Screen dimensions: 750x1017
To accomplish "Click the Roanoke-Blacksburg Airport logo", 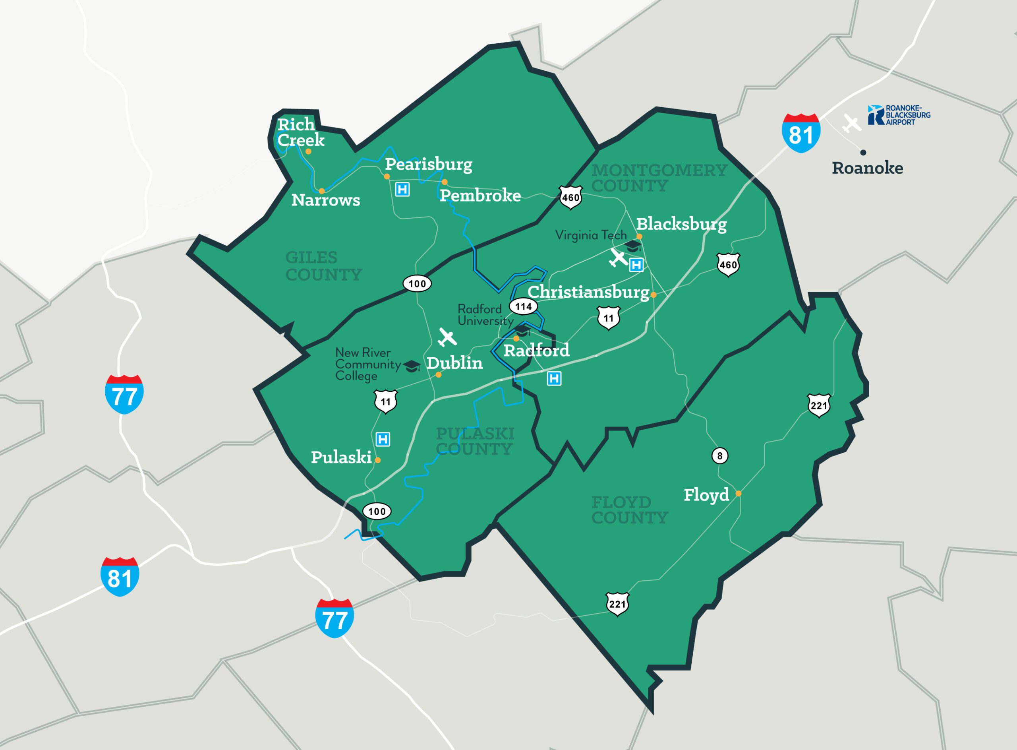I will click(x=899, y=115).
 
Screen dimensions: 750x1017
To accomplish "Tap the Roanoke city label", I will click(x=867, y=168).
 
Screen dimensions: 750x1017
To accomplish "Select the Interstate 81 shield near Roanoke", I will click(x=801, y=133).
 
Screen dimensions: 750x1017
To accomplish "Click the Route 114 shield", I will click(x=523, y=306).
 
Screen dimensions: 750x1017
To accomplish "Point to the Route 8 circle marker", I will click(x=720, y=456).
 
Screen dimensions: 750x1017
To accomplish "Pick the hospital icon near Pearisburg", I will click(x=402, y=189).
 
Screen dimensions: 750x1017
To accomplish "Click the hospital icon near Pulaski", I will click(x=383, y=439).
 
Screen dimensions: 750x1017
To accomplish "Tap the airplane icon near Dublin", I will click(x=447, y=337).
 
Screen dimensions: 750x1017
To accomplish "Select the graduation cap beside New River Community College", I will click(x=412, y=366).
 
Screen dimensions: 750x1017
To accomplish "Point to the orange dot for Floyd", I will click(x=739, y=494).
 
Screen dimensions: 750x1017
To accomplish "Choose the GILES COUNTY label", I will click(x=323, y=266).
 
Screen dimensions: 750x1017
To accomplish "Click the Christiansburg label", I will click(x=588, y=292).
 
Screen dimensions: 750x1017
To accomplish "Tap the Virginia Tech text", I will click(x=590, y=235).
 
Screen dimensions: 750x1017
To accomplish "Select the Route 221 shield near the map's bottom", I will click(x=617, y=604).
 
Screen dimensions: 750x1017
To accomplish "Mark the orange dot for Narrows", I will click(x=321, y=191).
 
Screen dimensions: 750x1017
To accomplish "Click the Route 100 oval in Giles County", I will click(x=417, y=284).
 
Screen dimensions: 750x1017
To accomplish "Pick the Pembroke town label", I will click(x=480, y=196).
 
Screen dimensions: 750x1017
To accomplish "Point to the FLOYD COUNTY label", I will click(x=629, y=510).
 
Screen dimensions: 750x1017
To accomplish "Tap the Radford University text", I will click(x=485, y=315).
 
